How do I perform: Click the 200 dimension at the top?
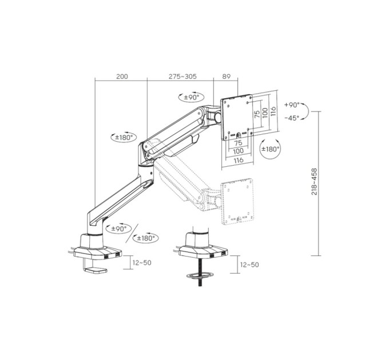pyautogui.click(x=122, y=77)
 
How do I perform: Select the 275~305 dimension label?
pyautogui.click(x=182, y=77)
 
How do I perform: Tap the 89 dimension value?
pyautogui.click(x=227, y=77)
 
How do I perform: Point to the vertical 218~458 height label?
pyautogui.click(x=314, y=182)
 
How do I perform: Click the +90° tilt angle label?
pyautogui.click(x=292, y=105)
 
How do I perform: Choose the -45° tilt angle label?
pyautogui.click(x=292, y=118)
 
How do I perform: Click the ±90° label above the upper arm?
pyautogui.click(x=192, y=97)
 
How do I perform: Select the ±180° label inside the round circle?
pyautogui.click(x=270, y=149)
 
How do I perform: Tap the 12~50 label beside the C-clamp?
pyautogui.click(x=142, y=263)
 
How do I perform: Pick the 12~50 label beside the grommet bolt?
pyautogui.click(x=249, y=265)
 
